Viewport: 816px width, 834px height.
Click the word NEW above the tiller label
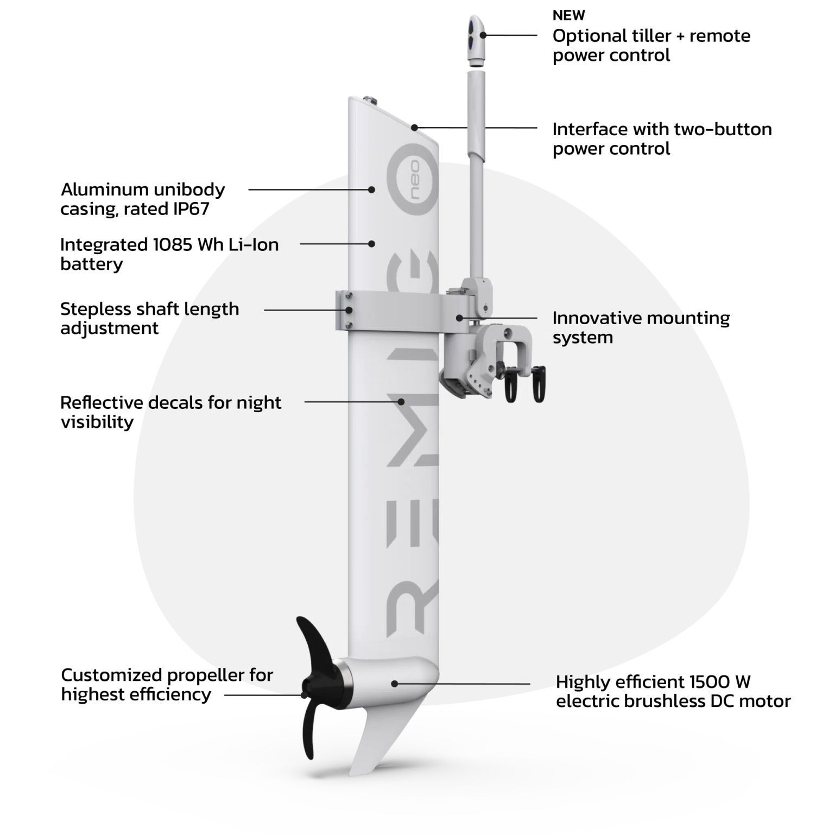click(568, 15)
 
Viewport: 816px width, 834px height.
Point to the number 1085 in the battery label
click(172, 244)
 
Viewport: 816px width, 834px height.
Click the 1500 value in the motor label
click(710, 681)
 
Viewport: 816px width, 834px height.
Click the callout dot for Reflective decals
click(401, 402)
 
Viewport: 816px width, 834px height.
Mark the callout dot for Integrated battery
click(371, 244)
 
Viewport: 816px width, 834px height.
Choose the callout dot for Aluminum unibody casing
click(371, 189)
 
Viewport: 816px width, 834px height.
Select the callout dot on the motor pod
click(395, 684)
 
